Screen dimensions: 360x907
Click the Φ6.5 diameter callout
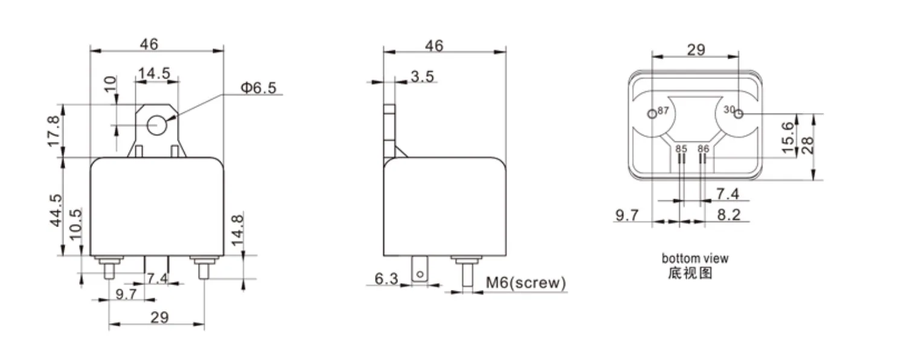pos(258,88)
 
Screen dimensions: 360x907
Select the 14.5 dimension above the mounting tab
pos(153,74)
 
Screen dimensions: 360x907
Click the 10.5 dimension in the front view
pos(75,224)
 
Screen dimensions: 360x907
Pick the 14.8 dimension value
pos(237,229)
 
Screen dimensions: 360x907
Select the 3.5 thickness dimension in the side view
pos(422,76)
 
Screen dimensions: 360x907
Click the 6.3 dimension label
pos(386,279)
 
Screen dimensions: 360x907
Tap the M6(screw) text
pos(525,283)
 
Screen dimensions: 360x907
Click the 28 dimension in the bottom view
pos(807,146)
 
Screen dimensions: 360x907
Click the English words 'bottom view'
pos(695,259)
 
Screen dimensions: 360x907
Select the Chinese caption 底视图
pos(690,273)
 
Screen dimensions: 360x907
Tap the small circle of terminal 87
pos(652,114)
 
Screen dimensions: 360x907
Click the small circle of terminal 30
pos(738,113)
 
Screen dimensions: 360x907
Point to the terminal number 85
pos(681,148)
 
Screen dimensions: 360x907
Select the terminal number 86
pos(703,148)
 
